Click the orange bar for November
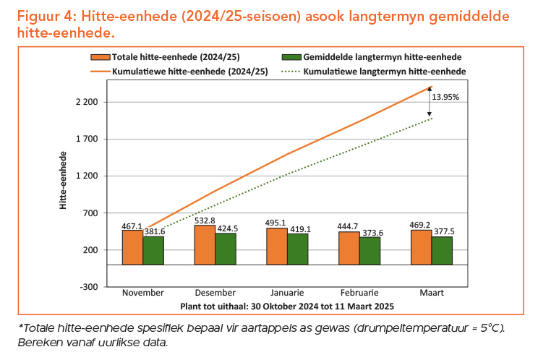[x=132, y=247]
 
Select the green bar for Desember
[x=225, y=249]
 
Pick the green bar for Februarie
[x=370, y=251]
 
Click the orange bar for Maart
[x=421, y=247]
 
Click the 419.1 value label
[x=297, y=229]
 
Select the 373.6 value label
[x=370, y=232]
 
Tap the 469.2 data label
[x=421, y=225]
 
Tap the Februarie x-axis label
[x=359, y=293]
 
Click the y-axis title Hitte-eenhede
[x=64, y=181]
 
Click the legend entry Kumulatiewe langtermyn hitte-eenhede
[x=384, y=72]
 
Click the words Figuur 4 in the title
[x=43, y=16]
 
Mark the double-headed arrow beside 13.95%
[x=430, y=102]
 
